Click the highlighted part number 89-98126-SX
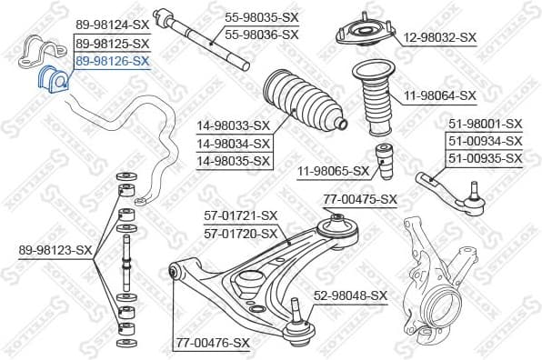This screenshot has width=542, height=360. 112,61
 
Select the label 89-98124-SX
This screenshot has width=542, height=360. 112,25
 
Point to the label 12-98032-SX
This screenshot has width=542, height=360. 440,37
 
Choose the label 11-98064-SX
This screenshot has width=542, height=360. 440,95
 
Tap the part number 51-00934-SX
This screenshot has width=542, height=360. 485,141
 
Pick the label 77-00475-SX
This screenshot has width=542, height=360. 361,199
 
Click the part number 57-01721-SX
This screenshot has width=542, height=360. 239,216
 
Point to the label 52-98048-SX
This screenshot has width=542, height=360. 351,295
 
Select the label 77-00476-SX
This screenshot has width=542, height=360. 212,343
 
